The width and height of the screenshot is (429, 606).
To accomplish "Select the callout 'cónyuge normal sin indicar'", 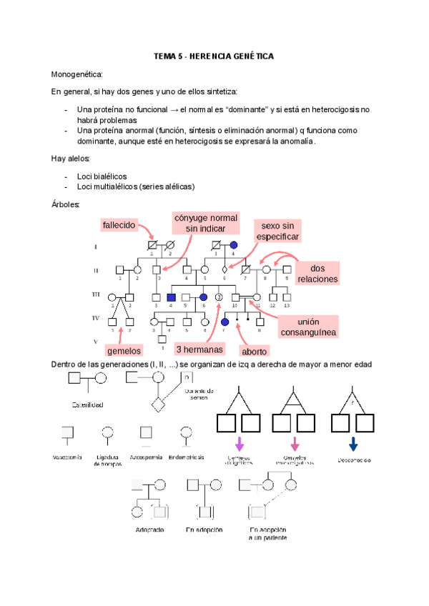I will [x=205, y=222].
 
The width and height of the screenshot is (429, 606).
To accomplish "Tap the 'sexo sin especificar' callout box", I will [x=277, y=230].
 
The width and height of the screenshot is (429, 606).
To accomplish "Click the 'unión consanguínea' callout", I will [x=307, y=327].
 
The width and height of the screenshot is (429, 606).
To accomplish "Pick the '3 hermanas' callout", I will [x=200, y=349].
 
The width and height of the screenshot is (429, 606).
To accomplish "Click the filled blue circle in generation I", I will [x=233, y=247].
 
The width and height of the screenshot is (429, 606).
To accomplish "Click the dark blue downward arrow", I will [x=353, y=444].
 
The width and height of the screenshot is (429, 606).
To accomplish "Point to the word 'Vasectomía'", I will [x=67, y=457].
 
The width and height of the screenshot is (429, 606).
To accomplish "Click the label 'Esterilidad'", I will [x=87, y=405].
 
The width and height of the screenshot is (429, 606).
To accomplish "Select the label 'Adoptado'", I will [x=149, y=530].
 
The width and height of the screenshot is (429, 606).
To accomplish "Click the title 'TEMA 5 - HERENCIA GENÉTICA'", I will [x=214, y=56].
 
